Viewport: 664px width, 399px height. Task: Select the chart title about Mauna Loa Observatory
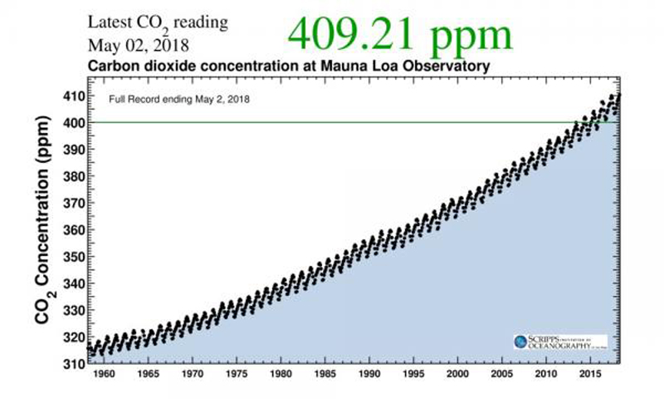(x=290, y=65)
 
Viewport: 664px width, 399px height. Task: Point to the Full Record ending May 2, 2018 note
(x=180, y=99)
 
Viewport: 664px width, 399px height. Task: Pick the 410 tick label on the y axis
(x=72, y=96)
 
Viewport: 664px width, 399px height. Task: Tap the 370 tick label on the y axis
(x=72, y=203)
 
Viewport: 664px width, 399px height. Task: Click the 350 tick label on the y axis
(x=72, y=257)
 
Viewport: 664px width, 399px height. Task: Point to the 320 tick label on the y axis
(x=72, y=337)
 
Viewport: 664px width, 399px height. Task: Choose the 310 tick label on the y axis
(x=72, y=364)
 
